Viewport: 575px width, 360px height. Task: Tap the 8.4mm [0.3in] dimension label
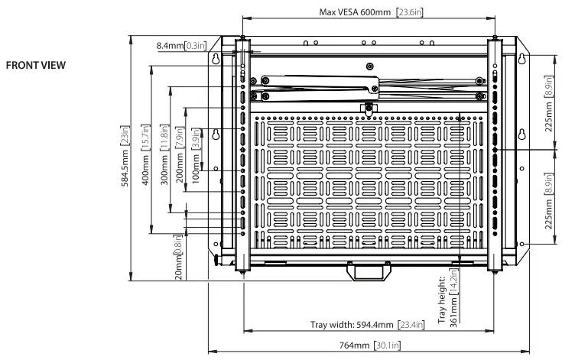pos(181,46)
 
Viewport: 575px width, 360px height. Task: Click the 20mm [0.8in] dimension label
pos(177,255)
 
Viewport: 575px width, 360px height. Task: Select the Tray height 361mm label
pos(449,297)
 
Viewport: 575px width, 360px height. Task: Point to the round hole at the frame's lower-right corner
pos(522,244)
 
